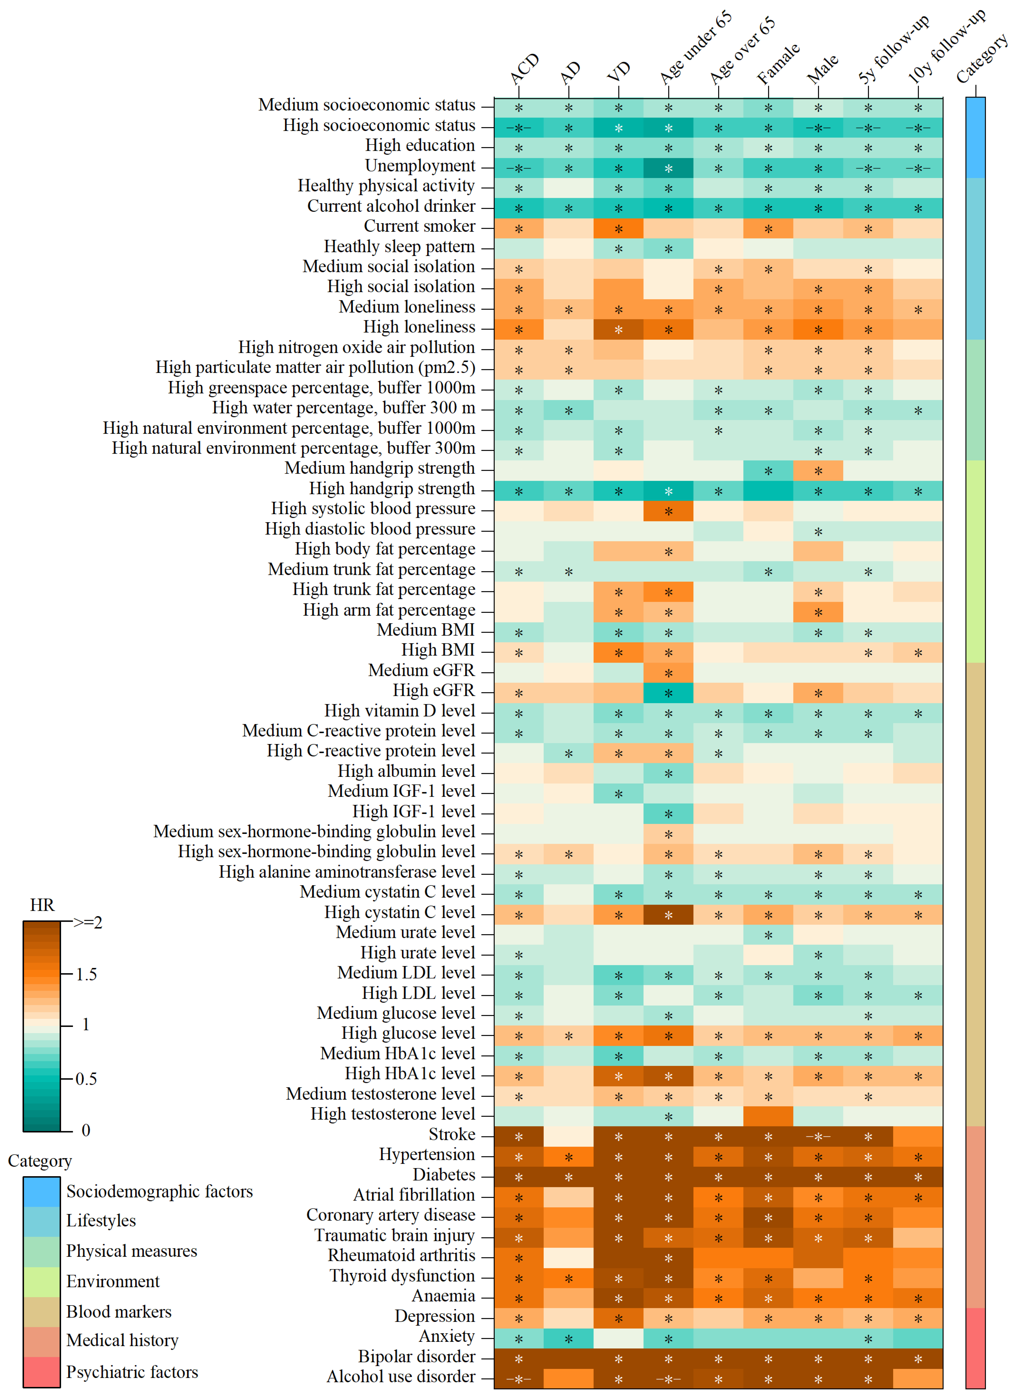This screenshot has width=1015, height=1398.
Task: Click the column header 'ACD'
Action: (x=525, y=68)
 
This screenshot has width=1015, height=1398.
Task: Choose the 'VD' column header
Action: (x=619, y=72)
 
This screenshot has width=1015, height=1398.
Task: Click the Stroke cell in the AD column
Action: (x=568, y=1136)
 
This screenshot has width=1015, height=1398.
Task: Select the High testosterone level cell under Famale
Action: (x=768, y=1116)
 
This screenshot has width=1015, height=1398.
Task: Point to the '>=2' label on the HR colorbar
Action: (x=88, y=923)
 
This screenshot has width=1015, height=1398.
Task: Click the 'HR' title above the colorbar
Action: (x=42, y=905)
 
